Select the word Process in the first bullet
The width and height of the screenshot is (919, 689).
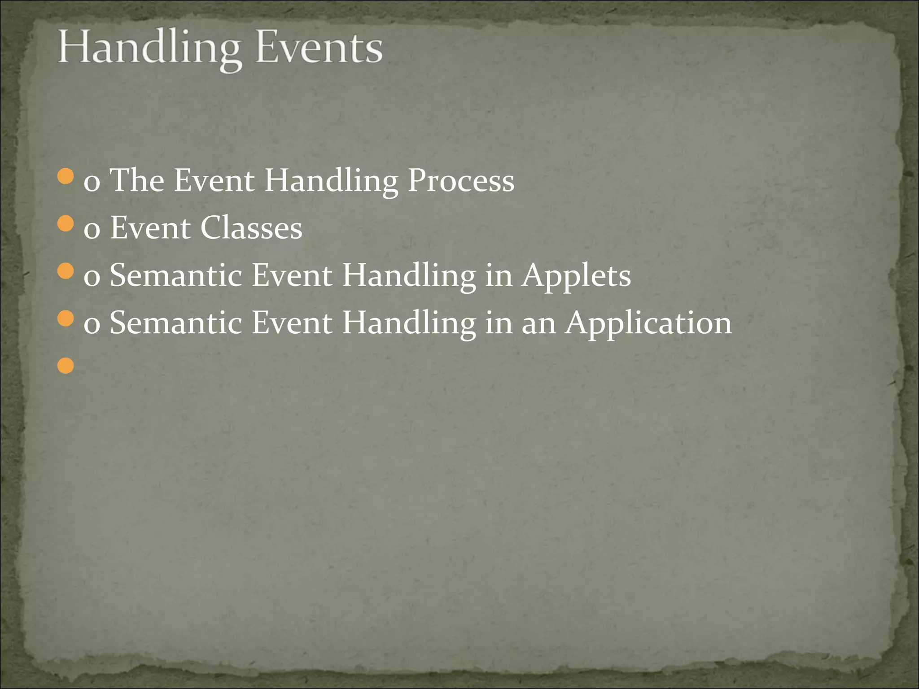[461, 181]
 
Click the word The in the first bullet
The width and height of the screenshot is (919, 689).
[137, 180]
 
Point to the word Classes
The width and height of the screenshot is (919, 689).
[251, 228]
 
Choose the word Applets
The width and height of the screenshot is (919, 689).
[577, 275]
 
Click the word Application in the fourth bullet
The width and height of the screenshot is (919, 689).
[649, 323]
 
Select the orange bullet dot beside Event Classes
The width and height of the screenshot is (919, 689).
[66, 223]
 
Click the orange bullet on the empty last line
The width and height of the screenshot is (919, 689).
[66, 366]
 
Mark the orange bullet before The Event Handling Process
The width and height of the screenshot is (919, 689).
[66, 176]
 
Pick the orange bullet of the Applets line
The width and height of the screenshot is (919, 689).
[66, 271]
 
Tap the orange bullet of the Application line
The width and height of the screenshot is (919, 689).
[66, 318]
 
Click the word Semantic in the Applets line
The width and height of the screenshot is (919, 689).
[176, 275]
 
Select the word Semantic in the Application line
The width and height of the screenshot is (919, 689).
[176, 323]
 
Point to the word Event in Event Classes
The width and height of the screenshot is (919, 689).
[151, 228]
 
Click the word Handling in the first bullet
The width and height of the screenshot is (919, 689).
[331, 181]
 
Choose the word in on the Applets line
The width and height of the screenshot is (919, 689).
[499, 275]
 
